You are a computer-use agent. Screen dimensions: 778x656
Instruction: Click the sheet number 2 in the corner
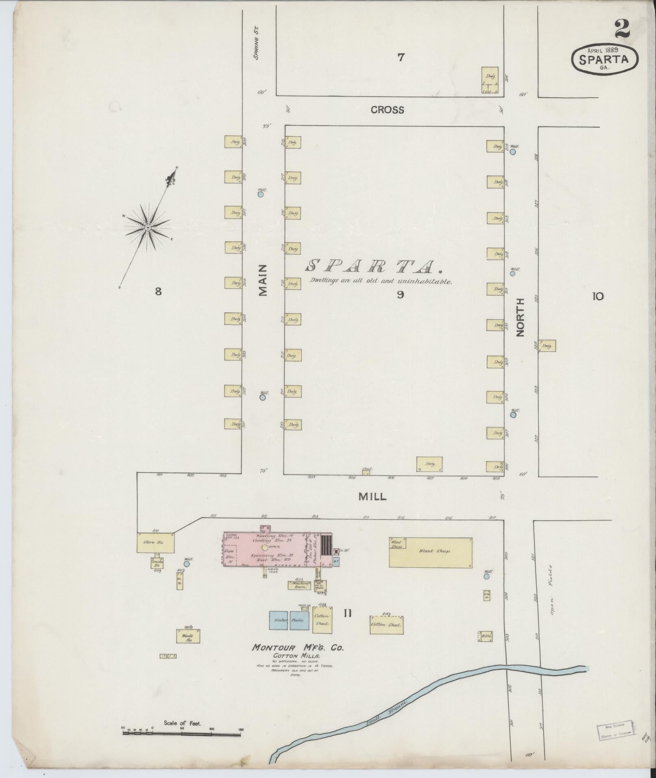(x=622, y=29)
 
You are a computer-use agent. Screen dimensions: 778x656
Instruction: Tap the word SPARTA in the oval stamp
(x=604, y=59)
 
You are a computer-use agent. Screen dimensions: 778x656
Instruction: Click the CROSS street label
(x=387, y=110)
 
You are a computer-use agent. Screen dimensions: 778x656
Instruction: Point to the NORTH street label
(x=521, y=317)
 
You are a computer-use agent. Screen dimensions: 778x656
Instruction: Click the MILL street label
(x=372, y=497)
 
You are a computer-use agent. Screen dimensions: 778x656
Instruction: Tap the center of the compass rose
(x=148, y=227)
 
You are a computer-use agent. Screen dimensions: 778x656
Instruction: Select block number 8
(x=158, y=291)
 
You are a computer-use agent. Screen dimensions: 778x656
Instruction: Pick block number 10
(x=597, y=296)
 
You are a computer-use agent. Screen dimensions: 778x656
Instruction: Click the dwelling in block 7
(x=490, y=81)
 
